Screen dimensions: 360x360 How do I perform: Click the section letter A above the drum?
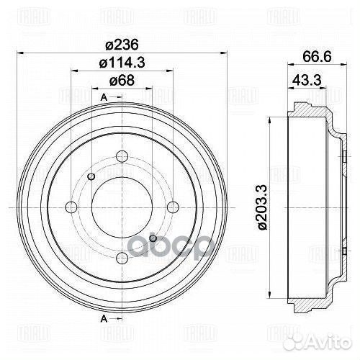(x=104, y=97)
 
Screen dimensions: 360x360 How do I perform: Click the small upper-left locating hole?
(x=91, y=177)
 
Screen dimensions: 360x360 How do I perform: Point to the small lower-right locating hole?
(x=151, y=238)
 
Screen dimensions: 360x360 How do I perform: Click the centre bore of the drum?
(x=120, y=207)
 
